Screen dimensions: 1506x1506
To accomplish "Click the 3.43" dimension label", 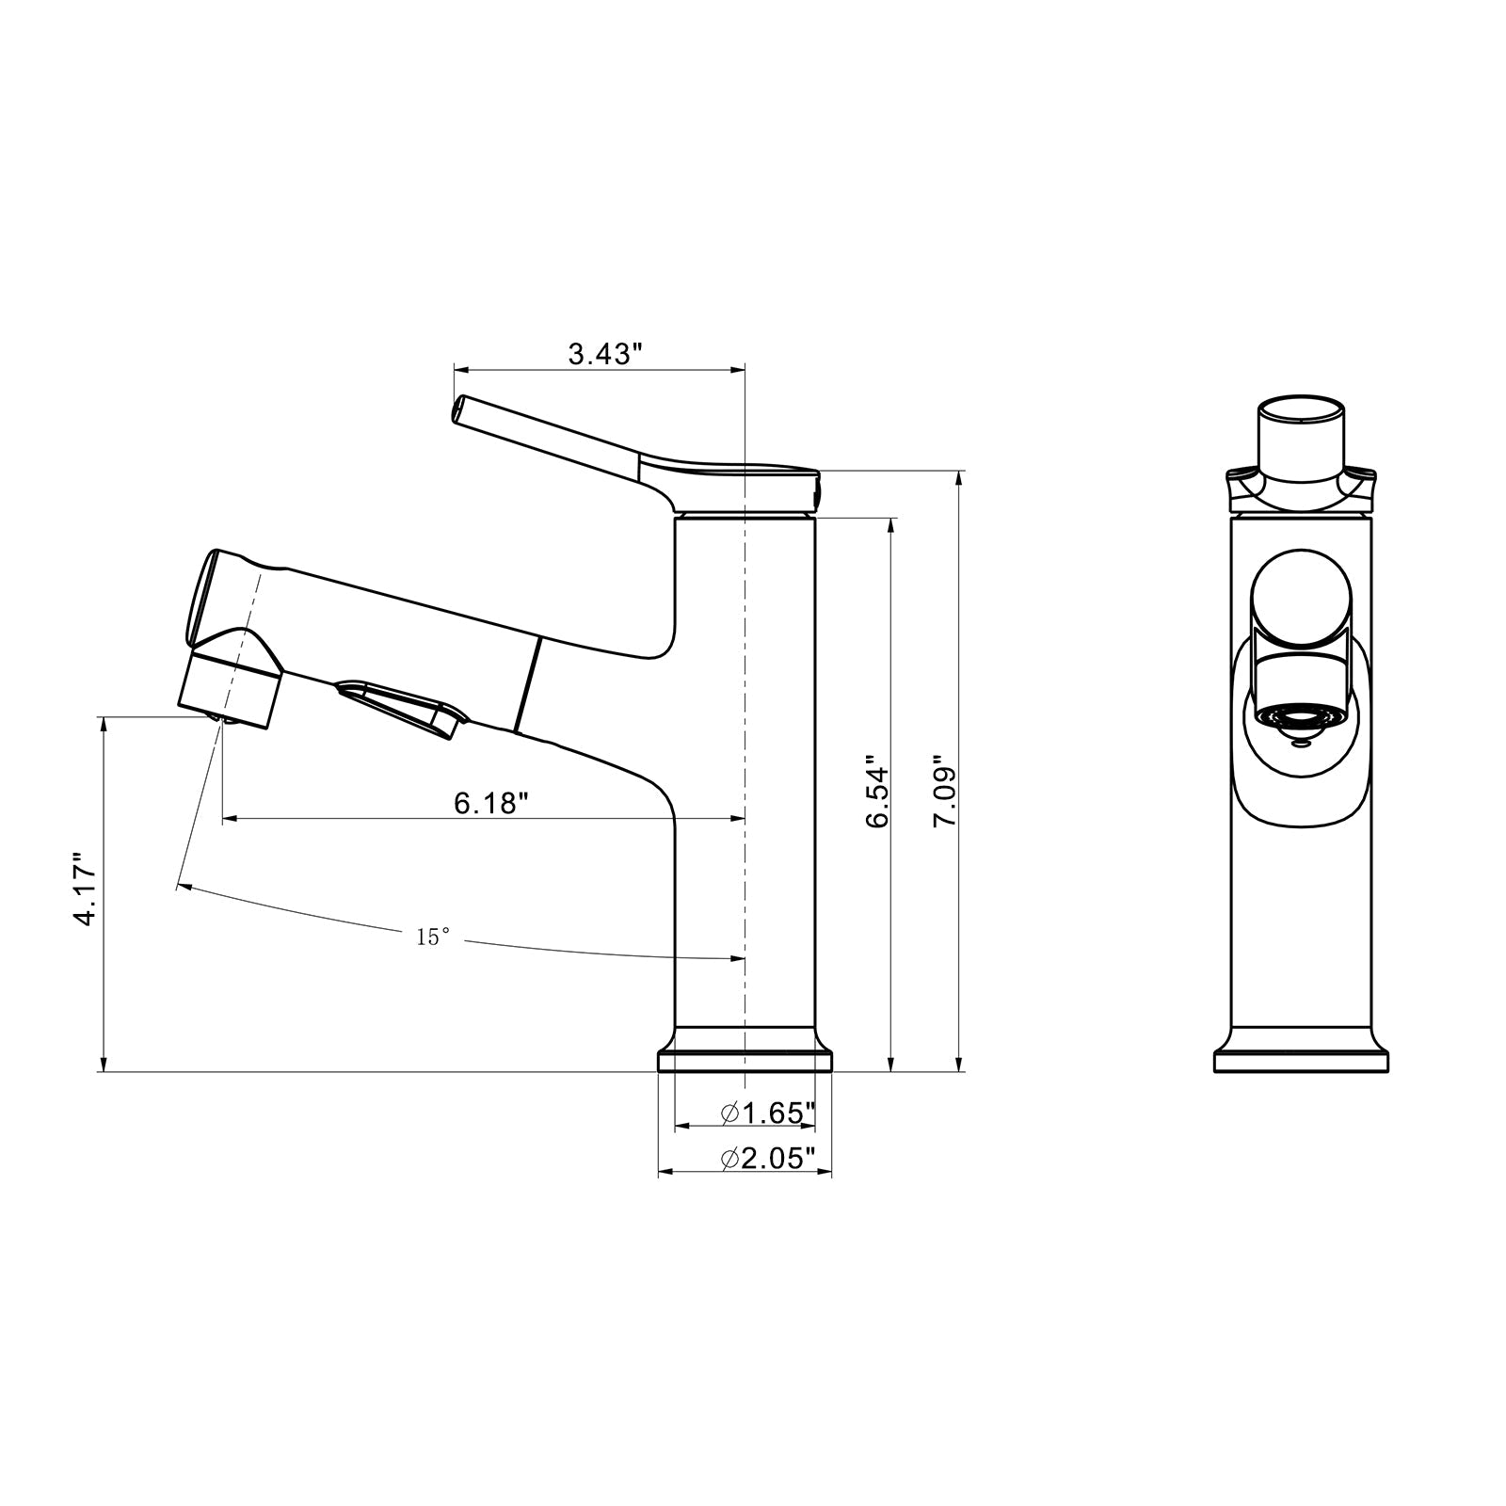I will [604, 355].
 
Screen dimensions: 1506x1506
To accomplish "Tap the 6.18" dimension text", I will [490, 804].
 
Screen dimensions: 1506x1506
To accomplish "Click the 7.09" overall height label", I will [944, 791].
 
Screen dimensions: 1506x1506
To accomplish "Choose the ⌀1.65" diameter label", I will [767, 1113].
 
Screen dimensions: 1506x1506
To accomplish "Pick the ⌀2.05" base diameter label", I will [767, 1159].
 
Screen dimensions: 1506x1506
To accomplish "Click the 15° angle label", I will [433, 937].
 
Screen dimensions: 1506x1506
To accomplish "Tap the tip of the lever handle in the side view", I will [460, 409].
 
